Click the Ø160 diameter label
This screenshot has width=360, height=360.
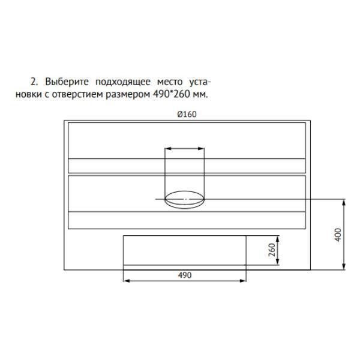coord(187,114)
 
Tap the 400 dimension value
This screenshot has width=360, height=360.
coord(338,235)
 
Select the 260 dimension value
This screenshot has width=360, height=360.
coord(272,250)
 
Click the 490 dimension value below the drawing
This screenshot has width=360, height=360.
coord(185,275)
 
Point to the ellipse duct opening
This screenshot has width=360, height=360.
coord(185,191)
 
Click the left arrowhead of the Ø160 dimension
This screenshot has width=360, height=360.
coord(169,149)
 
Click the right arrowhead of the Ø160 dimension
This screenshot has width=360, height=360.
coord(201,149)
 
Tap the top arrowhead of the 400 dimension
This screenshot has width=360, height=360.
coord(344,203)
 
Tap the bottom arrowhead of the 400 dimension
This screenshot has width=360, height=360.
coord(344,266)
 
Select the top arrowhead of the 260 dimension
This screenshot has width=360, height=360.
coord(278,239)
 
